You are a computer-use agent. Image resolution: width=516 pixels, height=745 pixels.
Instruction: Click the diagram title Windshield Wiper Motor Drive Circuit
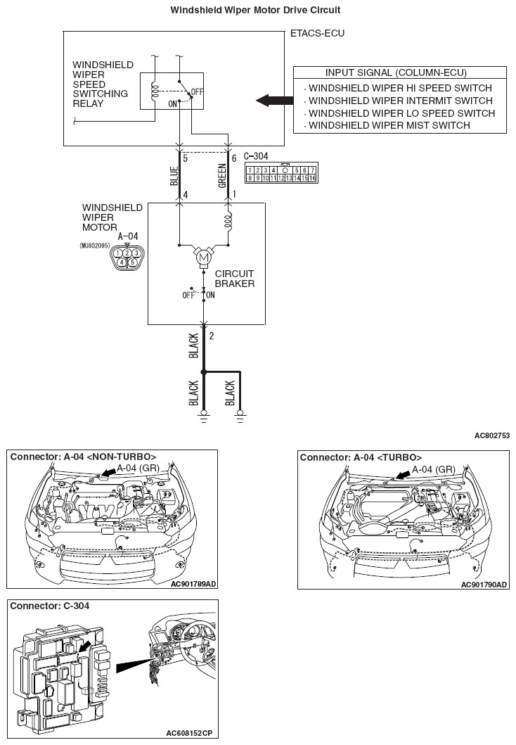coord(256,10)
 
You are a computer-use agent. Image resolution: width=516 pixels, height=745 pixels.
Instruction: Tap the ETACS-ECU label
coord(317,33)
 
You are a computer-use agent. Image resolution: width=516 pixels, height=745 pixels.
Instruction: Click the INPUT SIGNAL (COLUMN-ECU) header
coord(396,73)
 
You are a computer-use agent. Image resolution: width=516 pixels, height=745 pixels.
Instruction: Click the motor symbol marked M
coord(204,259)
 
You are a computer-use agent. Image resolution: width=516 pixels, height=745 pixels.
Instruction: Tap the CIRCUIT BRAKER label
coord(235,279)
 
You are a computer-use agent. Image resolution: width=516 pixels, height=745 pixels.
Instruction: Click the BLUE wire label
coord(174,176)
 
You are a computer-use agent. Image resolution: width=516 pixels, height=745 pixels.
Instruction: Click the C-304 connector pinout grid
coord(280,174)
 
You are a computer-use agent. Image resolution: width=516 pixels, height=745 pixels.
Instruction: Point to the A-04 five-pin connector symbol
coord(127,257)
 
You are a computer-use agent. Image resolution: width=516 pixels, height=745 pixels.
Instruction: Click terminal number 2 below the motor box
coord(212,335)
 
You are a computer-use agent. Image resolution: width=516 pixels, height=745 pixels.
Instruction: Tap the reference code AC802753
coord(491,435)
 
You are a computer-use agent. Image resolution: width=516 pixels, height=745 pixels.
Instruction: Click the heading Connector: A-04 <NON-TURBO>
coord(83,456)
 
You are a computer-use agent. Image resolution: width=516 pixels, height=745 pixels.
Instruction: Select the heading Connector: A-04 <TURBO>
coord(361,457)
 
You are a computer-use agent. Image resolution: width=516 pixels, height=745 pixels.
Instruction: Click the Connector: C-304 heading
coord(50,605)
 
